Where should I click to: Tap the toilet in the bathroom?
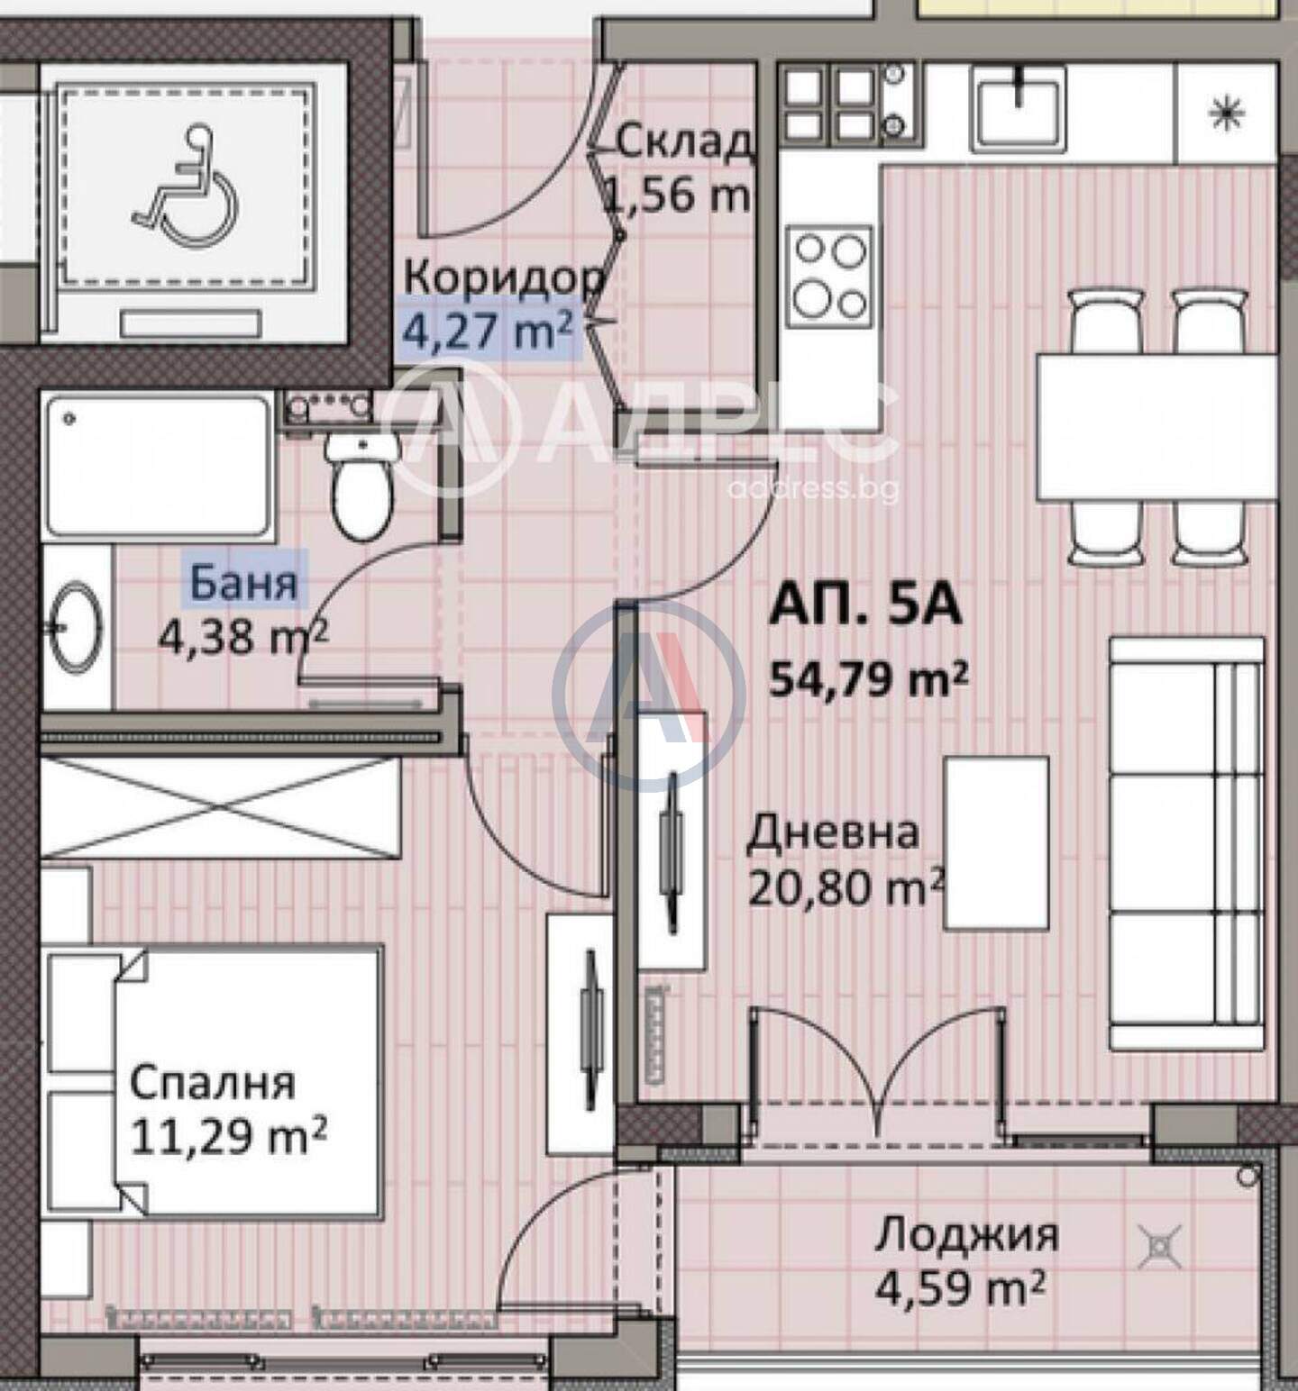(x=361, y=483)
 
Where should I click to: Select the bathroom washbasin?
(x=76, y=627)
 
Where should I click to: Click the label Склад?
(x=683, y=141)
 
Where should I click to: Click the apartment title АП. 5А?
(x=865, y=607)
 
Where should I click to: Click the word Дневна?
(x=833, y=832)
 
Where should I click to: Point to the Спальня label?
(x=213, y=1083)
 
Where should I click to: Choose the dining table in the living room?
(x=1157, y=427)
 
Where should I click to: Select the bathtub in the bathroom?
(x=159, y=467)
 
